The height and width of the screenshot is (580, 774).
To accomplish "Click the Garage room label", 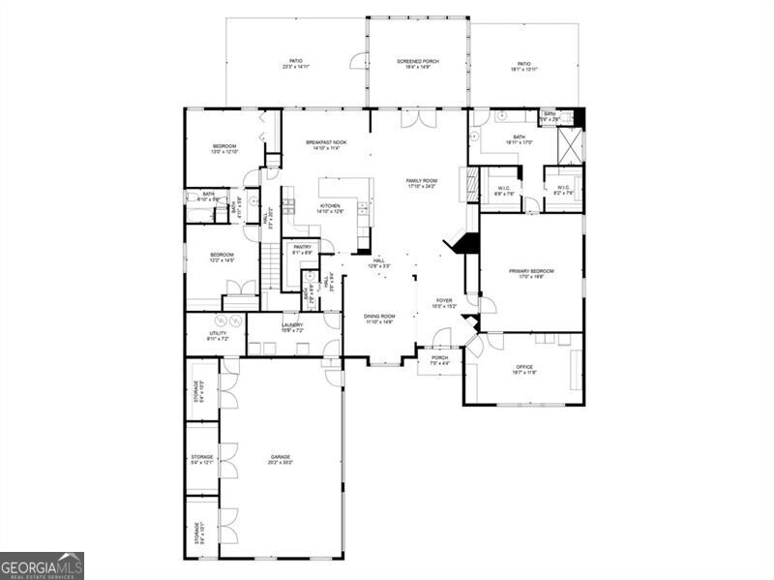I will (281, 459).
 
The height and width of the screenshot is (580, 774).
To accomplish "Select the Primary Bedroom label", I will (531, 273).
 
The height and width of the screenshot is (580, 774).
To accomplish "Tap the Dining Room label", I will (380, 319).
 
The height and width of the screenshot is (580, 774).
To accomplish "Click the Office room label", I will (524, 369).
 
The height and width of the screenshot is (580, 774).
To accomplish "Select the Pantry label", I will (303, 249).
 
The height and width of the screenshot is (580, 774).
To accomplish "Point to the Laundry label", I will (292, 327).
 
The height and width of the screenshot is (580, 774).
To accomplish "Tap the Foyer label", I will (443, 303).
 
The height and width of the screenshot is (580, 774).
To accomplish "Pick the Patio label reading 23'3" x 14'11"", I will (295, 64).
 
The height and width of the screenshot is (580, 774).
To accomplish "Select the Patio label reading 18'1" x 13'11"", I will (524, 66).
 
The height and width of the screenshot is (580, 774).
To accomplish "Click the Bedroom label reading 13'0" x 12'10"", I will (224, 148).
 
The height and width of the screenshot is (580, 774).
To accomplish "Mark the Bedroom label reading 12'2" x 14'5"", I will (223, 258).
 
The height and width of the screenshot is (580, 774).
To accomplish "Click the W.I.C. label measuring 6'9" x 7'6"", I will (503, 191).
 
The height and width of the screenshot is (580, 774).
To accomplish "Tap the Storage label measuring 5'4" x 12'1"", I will (201, 459).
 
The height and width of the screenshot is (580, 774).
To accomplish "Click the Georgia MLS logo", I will (42, 565).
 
